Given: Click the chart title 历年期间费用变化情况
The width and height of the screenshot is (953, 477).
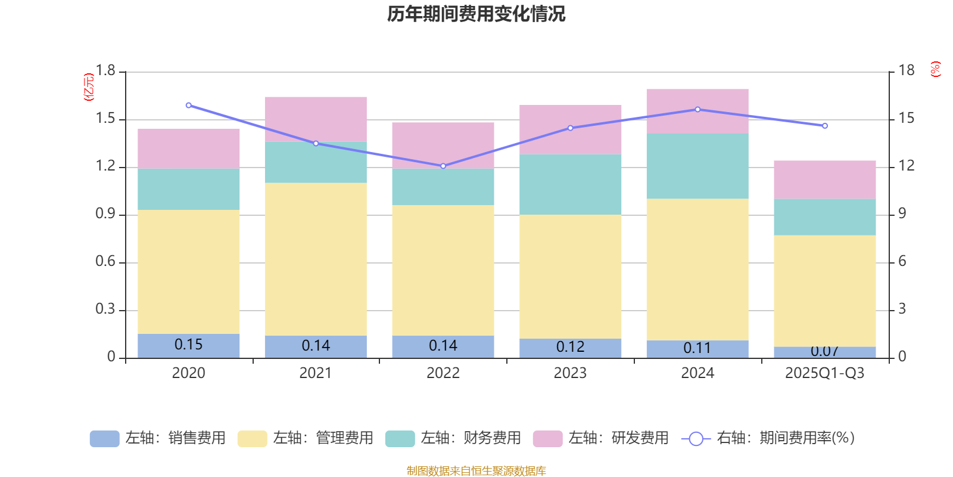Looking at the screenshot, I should pos(476,14).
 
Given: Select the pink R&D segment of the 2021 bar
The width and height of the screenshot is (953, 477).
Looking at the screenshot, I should pos(316,119).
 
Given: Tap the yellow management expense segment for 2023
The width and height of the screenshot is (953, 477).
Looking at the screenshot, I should pos(570,277).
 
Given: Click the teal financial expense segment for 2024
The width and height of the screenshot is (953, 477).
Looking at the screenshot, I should pos(697,166).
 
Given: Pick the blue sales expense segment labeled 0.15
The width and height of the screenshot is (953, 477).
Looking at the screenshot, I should pos(188,345).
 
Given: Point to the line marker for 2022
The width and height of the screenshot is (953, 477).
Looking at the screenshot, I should pos(443,166).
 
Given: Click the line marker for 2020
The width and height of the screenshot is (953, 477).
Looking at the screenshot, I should pos(189,106).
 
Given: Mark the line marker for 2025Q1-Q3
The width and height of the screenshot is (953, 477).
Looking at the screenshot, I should pos(825,126).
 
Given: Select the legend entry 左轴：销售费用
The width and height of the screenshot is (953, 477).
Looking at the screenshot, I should pos(158,438).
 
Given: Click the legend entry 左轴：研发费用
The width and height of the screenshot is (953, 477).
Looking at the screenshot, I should pos(601,438).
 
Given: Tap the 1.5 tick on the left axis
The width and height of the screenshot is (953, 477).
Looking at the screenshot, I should pos(105,119).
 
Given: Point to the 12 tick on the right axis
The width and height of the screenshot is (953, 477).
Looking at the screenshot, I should pos(907,166).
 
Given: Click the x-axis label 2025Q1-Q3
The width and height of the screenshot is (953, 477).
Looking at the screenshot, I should pos(824,373).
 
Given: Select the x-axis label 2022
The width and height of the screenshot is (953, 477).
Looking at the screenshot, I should pos(443,373).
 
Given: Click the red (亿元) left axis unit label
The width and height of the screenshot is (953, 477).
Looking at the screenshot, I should pos(89,87).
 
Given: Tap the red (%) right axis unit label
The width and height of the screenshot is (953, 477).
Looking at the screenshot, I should pos(935,69).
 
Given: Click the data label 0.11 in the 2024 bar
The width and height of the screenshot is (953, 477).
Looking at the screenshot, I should pos(697,348).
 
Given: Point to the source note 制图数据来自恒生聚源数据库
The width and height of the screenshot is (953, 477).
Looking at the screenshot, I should pos(476,471).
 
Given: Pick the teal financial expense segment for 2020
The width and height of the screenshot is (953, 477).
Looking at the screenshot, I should pos(188,189).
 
